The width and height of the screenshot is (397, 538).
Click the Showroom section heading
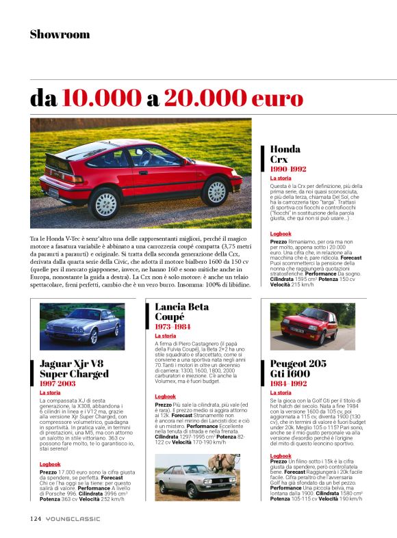[60, 34]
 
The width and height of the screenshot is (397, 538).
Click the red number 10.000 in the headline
[101, 98]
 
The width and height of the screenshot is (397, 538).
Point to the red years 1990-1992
[288, 168]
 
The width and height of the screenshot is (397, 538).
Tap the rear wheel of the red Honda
[106, 203]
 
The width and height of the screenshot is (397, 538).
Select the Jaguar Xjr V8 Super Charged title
[74, 368]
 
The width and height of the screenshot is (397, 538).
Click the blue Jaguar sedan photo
[82, 326]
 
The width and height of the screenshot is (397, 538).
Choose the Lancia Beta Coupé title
[181, 312]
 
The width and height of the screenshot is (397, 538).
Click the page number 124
[36, 518]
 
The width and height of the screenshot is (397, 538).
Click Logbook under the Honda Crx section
[281, 233]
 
